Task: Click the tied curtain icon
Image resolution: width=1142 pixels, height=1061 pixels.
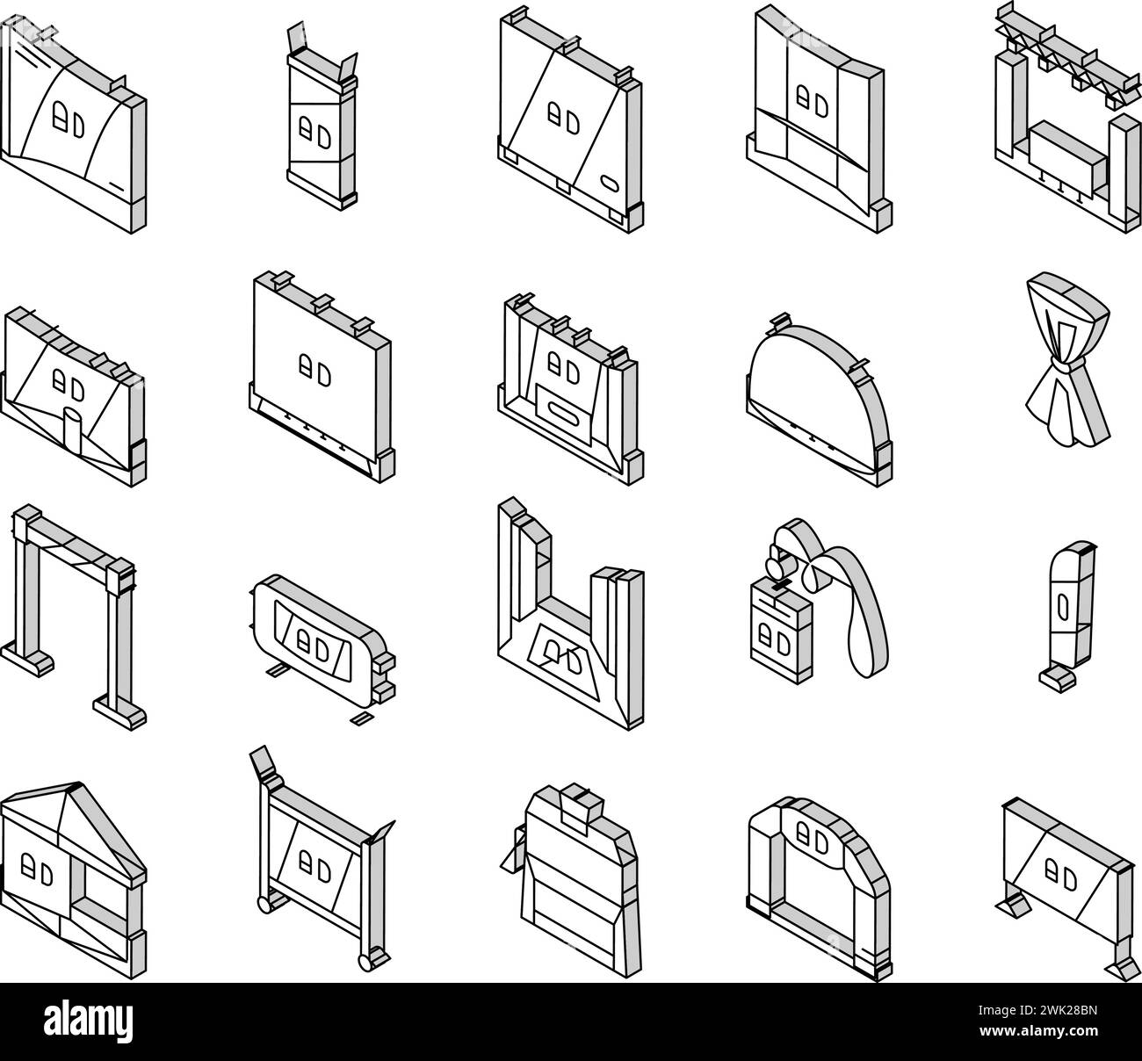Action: [x=1067, y=359]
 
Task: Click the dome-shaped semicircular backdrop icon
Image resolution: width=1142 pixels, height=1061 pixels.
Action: [x=819, y=401]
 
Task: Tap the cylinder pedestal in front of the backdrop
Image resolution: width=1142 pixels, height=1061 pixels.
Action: [x=72, y=426]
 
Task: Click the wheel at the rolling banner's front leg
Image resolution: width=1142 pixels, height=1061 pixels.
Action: [x=366, y=963]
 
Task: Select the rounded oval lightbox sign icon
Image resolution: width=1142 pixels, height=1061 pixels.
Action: [x=322, y=640]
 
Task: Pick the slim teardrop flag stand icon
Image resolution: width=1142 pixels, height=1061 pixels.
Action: [x=1068, y=616]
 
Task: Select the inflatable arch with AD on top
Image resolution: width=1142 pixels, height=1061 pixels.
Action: [x=819, y=888]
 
